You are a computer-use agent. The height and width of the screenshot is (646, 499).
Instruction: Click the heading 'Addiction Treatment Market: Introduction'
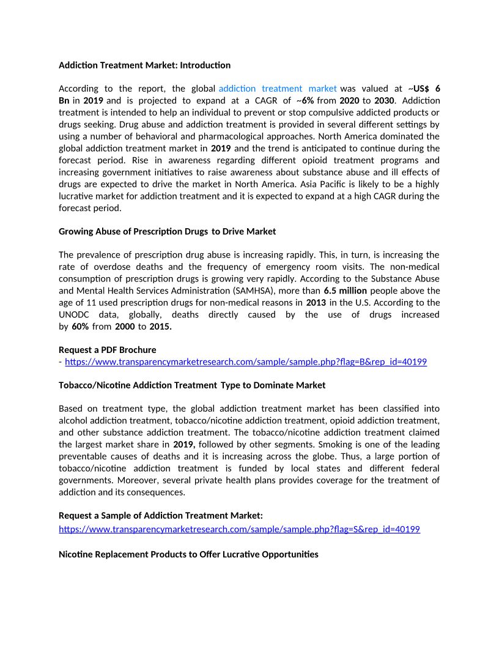point(144,65)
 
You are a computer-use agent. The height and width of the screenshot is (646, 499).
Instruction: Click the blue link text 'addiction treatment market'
point(278,89)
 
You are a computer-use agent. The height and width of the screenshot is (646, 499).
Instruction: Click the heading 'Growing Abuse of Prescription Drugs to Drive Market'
point(167,231)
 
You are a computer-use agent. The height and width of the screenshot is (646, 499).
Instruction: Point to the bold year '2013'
point(316,302)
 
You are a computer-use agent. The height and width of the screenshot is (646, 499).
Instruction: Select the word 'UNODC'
point(74,314)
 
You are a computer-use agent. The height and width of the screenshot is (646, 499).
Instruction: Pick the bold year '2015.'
point(161,327)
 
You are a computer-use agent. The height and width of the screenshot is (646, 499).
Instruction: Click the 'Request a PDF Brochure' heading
point(107,350)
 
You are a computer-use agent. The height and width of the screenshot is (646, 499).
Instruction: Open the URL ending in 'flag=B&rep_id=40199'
point(245,362)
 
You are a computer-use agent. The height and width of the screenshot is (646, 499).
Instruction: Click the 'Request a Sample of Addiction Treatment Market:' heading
point(161,516)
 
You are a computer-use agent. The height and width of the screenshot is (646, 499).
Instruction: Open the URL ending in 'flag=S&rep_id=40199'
point(239,529)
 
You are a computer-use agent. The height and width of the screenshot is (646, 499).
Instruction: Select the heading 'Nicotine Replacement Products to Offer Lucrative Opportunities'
point(188,554)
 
